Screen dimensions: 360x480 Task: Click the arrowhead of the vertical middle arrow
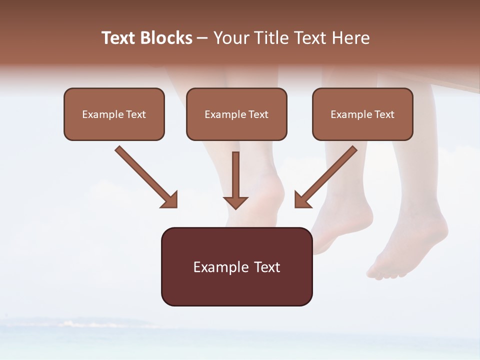[x=235, y=203]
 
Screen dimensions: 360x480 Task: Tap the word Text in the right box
[x=384, y=114]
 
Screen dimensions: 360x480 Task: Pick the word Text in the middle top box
[x=258, y=114]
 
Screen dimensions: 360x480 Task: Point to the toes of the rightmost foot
[x=385, y=272]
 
